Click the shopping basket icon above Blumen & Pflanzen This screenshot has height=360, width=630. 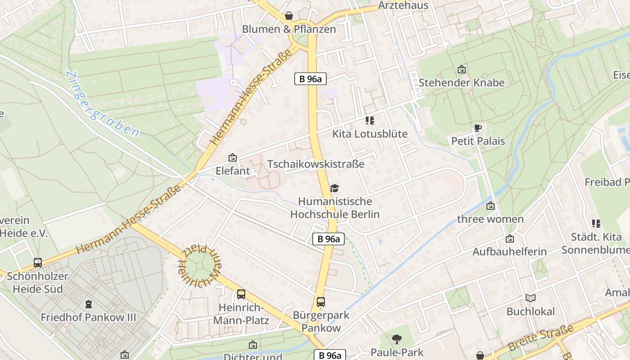289,16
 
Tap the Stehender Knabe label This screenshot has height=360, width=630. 461,83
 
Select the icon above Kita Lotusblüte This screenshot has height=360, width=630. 370,121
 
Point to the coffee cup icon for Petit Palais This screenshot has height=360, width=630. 478,128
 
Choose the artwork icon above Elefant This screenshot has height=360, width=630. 233,157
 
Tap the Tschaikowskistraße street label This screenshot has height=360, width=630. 316,164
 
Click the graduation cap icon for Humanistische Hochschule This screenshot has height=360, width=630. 334,188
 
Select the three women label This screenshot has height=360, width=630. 490,219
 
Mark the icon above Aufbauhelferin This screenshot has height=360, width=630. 509,238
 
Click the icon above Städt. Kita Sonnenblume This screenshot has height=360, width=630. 596,224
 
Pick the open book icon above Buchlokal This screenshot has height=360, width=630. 531,298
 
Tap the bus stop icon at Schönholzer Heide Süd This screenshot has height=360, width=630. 38,263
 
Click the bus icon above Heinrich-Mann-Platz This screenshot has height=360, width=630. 241,294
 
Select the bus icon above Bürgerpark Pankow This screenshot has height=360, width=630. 321,302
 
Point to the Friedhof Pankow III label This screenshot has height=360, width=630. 88,317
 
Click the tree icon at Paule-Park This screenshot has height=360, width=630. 396,339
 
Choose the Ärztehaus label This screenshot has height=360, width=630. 403,5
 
